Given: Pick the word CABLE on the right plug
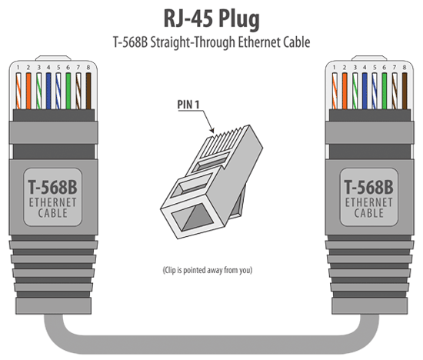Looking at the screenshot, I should (x=371, y=214).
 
